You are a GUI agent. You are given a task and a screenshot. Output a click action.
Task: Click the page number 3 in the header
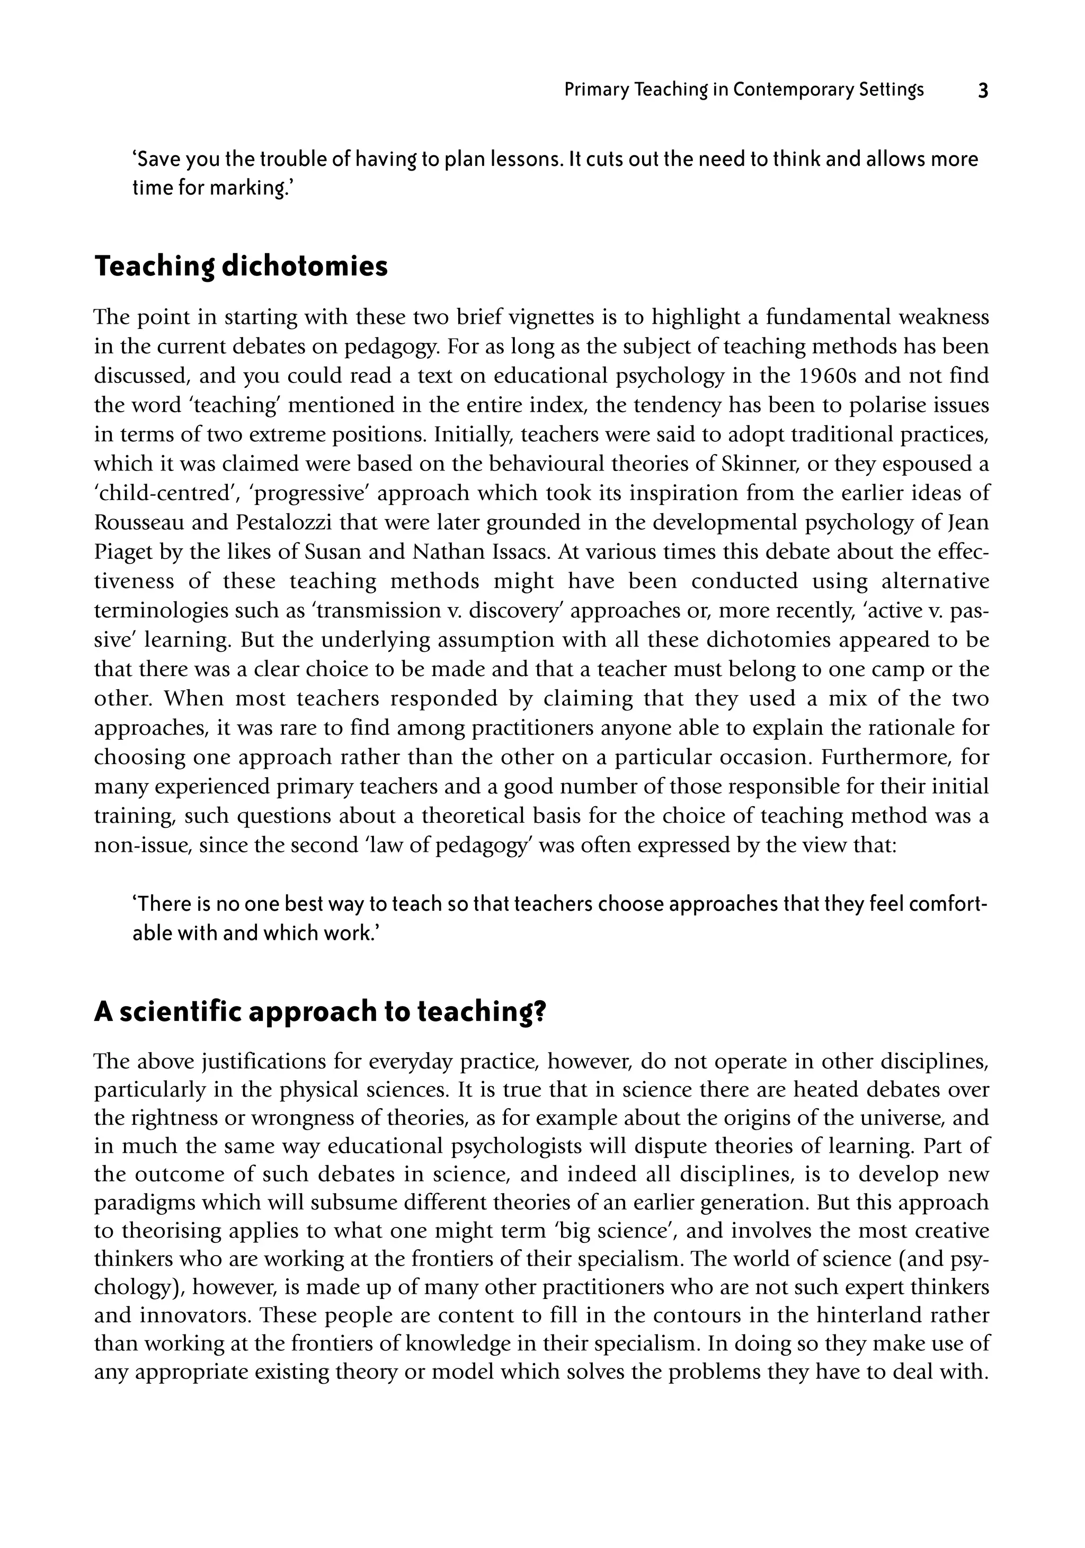983,91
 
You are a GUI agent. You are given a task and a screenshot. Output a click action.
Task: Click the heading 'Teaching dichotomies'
241,266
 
